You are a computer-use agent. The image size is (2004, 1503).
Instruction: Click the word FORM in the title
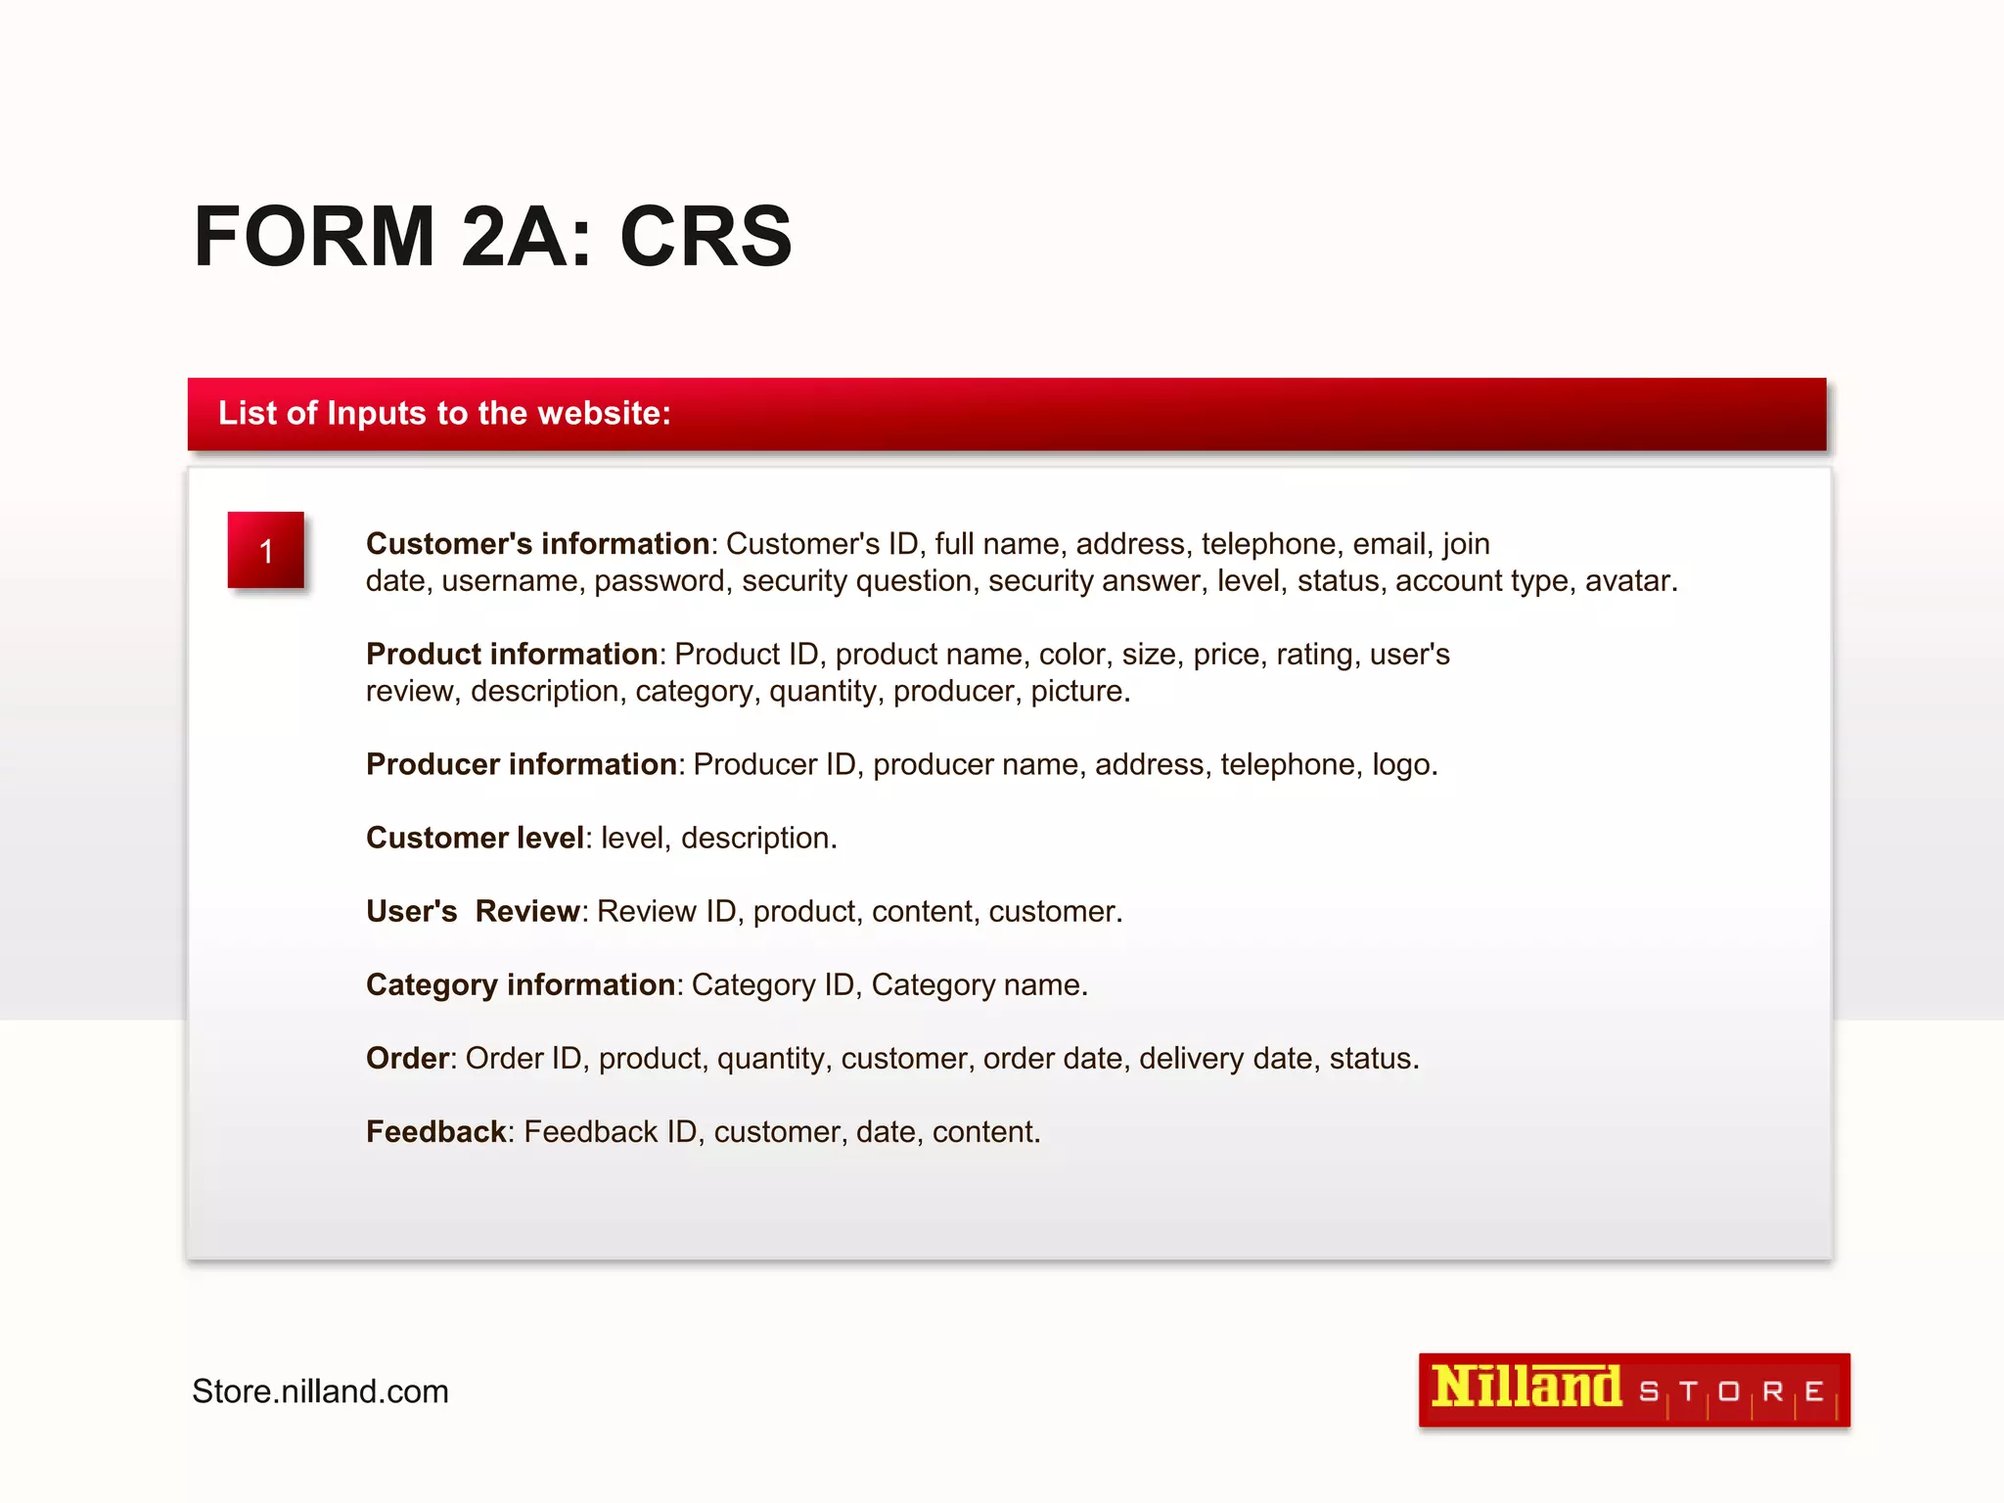point(314,237)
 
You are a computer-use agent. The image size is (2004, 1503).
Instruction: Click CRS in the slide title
point(706,237)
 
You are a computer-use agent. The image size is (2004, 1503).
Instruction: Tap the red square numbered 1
point(266,550)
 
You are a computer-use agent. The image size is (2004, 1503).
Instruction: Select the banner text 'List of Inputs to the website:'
point(444,413)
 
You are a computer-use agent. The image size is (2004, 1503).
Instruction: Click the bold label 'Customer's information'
point(537,544)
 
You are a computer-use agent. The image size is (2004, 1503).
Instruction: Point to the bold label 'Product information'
point(512,654)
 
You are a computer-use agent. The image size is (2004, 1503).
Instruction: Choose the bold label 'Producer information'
point(522,764)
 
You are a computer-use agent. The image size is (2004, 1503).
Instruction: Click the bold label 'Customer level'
point(475,838)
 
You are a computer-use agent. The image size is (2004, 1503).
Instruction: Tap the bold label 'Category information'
point(521,984)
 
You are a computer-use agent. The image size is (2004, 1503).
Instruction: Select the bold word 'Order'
point(407,1058)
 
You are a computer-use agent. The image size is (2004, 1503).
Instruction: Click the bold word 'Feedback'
point(436,1131)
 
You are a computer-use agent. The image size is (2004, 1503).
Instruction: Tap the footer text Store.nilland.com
point(320,1391)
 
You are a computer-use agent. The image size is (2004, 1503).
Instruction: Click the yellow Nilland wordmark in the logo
point(1526,1388)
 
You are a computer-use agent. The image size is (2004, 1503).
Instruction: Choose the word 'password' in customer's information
point(660,581)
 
